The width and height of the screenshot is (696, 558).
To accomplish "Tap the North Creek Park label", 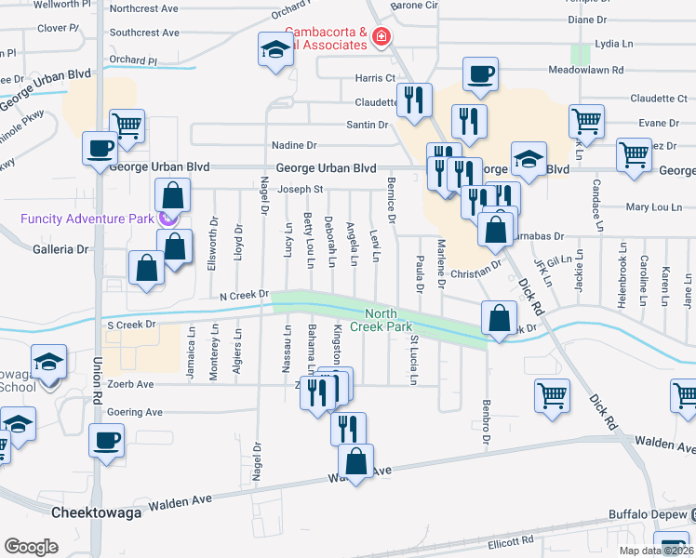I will pyautogui.click(x=388, y=320).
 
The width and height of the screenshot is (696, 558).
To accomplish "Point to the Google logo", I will pyautogui.click(x=30, y=547).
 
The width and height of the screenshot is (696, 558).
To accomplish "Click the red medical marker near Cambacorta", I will pyautogui.click(x=380, y=38).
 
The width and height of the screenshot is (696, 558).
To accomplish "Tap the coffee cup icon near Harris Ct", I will pyautogui.click(x=480, y=74).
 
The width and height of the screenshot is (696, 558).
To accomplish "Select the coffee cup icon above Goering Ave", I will pyautogui.click(x=106, y=439).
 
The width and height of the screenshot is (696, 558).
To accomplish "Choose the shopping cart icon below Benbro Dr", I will pyautogui.click(x=551, y=396).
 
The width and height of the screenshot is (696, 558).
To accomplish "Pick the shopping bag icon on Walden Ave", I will pyautogui.click(x=355, y=460).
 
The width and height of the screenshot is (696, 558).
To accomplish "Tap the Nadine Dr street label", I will pyautogui.click(x=294, y=145).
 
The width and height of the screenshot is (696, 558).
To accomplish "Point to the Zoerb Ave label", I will pyautogui.click(x=131, y=384).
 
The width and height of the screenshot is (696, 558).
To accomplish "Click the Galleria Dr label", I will pyautogui.click(x=60, y=249).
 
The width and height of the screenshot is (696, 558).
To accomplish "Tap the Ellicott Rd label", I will pyautogui.click(x=508, y=540).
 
